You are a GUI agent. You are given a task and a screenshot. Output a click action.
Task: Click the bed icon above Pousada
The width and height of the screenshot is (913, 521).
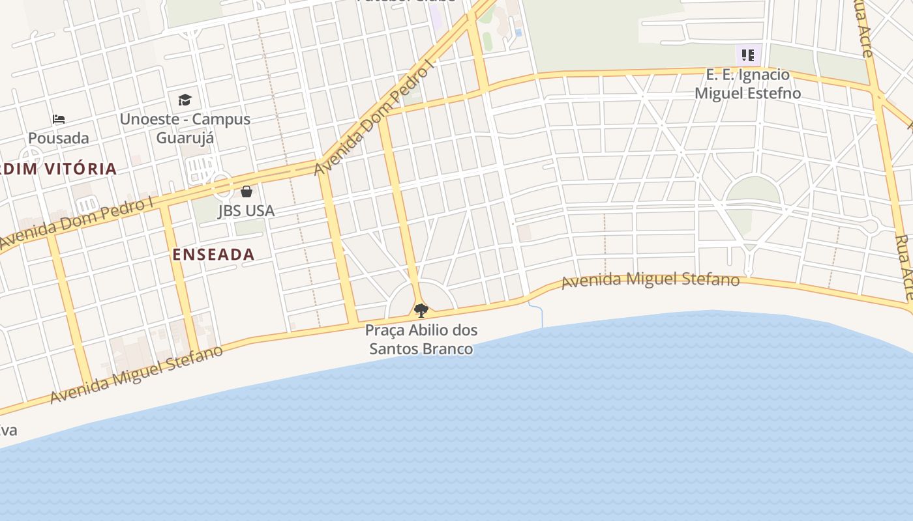59,119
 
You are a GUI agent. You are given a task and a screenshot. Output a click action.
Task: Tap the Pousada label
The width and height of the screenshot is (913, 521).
59,138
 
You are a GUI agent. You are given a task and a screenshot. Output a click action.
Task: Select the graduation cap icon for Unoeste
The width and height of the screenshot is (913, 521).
185,100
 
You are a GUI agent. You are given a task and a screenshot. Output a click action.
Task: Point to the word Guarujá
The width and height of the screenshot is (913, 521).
185,138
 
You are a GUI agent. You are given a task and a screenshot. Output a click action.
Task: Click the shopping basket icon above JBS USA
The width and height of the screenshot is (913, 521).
247,191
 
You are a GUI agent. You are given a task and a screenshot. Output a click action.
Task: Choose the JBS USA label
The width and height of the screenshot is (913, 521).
246,211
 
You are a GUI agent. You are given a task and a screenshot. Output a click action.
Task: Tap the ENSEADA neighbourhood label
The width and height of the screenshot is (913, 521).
213,255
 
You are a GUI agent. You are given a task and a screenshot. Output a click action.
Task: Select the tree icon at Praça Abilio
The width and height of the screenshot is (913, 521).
421,310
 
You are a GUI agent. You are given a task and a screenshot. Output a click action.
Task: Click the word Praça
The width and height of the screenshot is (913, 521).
385,330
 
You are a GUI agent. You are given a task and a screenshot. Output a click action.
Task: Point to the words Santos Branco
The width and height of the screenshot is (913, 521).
421,348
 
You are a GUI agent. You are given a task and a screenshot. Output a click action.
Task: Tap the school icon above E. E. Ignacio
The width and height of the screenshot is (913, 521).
747,55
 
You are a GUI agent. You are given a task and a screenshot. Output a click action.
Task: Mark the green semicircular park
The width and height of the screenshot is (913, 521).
753,190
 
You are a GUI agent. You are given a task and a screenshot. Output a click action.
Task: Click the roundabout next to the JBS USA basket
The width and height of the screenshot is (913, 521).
222,185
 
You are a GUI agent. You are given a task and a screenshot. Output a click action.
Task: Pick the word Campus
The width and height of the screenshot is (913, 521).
224,119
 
